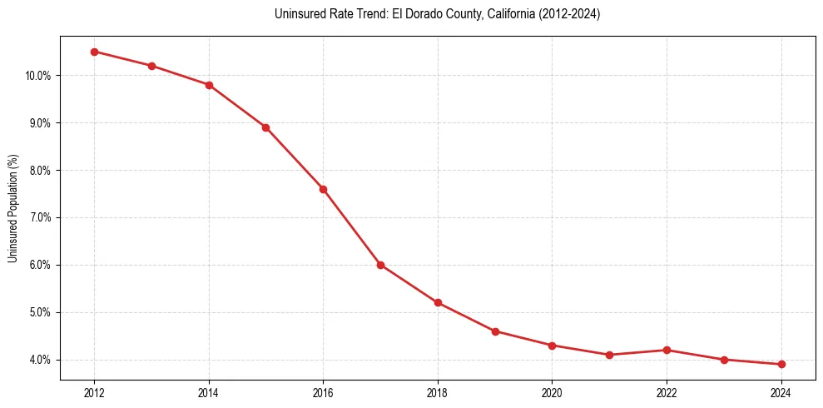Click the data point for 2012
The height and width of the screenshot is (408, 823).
pyautogui.click(x=94, y=52)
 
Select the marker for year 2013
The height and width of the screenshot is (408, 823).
pyautogui.click(x=151, y=66)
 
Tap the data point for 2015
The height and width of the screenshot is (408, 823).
pyautogui.click(x=265, y=127)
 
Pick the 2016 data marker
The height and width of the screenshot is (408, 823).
pyautogui.click(x=323, y=189)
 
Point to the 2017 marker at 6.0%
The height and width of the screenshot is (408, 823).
pyautogui.click(x=380, y=265)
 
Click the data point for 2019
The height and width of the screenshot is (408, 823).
pyautogui.click(x=495, y=331)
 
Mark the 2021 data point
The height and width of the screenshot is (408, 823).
pyautogui.click(x=609, y=355)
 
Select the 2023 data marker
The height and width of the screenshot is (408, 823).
pyautogui.click(x=724, y=360)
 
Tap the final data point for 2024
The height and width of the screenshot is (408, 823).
pyautogui.click(x=781, y=364)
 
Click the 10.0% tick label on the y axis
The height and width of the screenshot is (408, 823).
pyautogui.click(x=39, y=76)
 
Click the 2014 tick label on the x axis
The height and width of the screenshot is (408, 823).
pyautogui.click(x=209, y=393)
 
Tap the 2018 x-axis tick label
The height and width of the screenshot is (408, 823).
pyautogui.click(x=438, y=393)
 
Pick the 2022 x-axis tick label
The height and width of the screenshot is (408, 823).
pyautogui.click(x=667, y=393)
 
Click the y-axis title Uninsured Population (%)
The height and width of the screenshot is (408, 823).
pyautogui.click(x=13, y=208)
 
